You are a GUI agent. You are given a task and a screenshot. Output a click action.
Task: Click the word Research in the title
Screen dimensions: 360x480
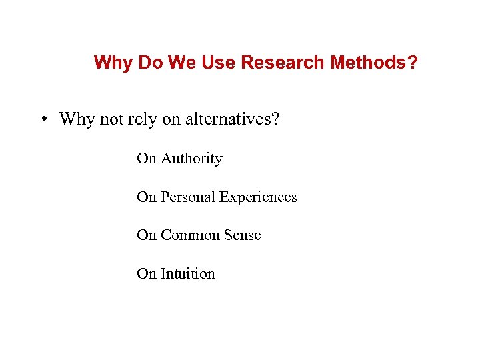(x=281, y=63)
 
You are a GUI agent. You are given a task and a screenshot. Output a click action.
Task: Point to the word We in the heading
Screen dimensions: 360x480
(x=182, y=63)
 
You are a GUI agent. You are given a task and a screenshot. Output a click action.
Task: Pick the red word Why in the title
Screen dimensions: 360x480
(x=113, y=63)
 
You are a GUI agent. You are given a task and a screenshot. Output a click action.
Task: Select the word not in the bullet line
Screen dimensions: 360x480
(x=110, y=119)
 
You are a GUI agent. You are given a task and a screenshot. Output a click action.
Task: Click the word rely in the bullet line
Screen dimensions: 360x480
(x=141, y=120)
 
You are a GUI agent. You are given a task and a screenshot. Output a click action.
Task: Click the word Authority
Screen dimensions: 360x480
(x=191, y=159)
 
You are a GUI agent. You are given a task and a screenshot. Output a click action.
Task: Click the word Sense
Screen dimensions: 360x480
(x=240, y=235)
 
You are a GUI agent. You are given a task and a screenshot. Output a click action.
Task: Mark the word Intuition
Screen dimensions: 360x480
(x=188, y=274)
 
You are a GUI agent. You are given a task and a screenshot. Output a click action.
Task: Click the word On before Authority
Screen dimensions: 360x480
(x=146, y=159)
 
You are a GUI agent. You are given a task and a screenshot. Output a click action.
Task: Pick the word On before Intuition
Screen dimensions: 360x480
(x=146, y=274)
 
